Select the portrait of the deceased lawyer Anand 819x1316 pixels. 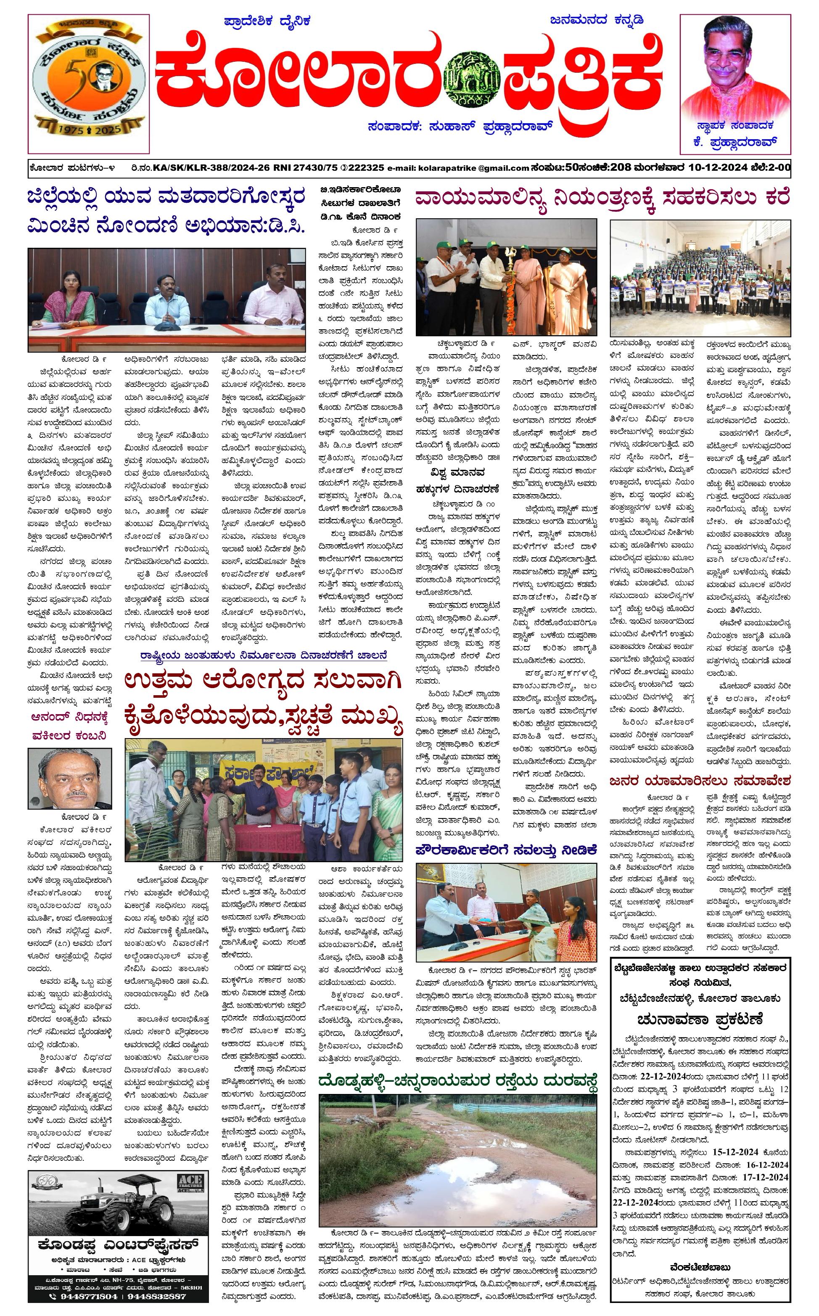[70, 778]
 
